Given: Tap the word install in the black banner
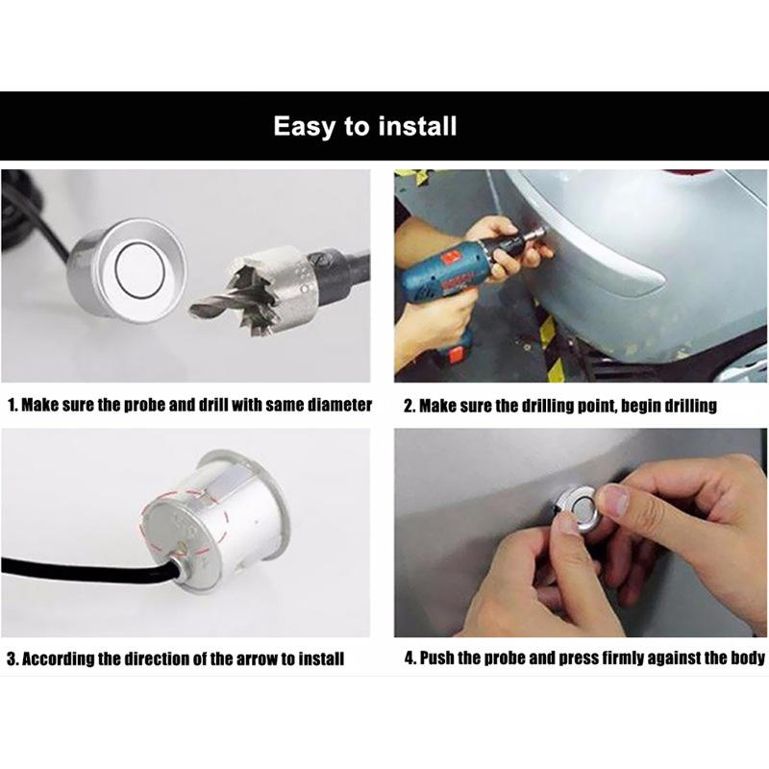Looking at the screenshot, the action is click(417, 126).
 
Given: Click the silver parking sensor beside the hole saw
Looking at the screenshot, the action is click(128, 270).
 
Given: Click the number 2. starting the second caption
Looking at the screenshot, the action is click(409, 406).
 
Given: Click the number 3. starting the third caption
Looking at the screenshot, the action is click(12, 658).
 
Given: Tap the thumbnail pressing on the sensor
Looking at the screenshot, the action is click(614, 499).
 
